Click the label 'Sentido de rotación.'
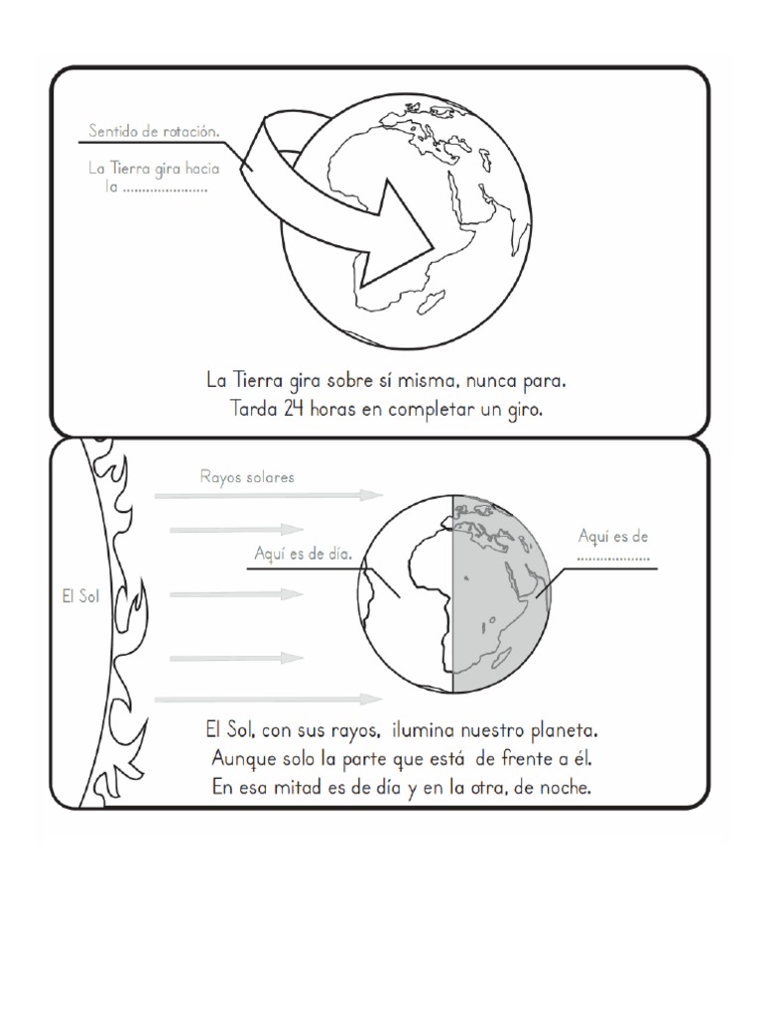(153, 131)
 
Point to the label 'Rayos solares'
(247, 478)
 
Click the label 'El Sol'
(74, 597)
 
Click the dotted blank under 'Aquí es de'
(613, 558)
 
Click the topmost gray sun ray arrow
(268, 494)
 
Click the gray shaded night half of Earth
(501, 595)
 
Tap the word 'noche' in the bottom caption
(564, 789)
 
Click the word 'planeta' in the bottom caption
(561, 732)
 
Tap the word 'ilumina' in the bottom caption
(427, 732)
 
